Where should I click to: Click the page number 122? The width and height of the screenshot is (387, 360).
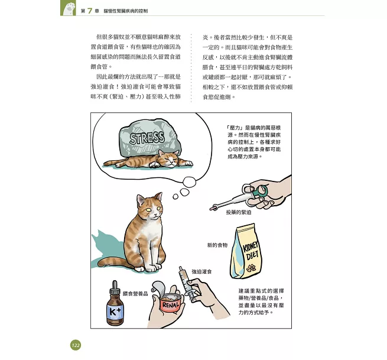(76, 345)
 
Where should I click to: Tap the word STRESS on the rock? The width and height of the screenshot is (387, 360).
(147, 138)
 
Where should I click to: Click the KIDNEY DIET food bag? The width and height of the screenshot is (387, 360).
(246, 252)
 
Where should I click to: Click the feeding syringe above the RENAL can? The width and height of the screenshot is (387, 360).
(187, 283)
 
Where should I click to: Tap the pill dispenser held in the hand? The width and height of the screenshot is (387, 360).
(239, 197)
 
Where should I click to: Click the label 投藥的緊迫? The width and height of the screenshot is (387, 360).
(239, 212)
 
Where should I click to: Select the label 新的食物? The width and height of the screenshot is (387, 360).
(217, 245)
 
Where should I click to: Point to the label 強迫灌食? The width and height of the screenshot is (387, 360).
(201, 271)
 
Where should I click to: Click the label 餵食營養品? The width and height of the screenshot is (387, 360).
(135, 294)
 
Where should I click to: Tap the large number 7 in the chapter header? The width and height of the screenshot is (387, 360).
(90, 11)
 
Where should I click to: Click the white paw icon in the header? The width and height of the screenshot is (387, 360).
(69, 9)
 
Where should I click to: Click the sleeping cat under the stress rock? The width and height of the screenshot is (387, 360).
(148, 160)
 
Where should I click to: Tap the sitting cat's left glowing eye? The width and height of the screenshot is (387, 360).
(149, 210)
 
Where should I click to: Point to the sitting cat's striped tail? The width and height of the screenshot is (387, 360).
(114, 262)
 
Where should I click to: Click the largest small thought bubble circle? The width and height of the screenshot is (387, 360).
(189, 183)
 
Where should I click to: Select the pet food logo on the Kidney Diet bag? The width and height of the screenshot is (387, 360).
(251, 268)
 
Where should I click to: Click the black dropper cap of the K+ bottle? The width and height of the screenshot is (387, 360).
(115, 287)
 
